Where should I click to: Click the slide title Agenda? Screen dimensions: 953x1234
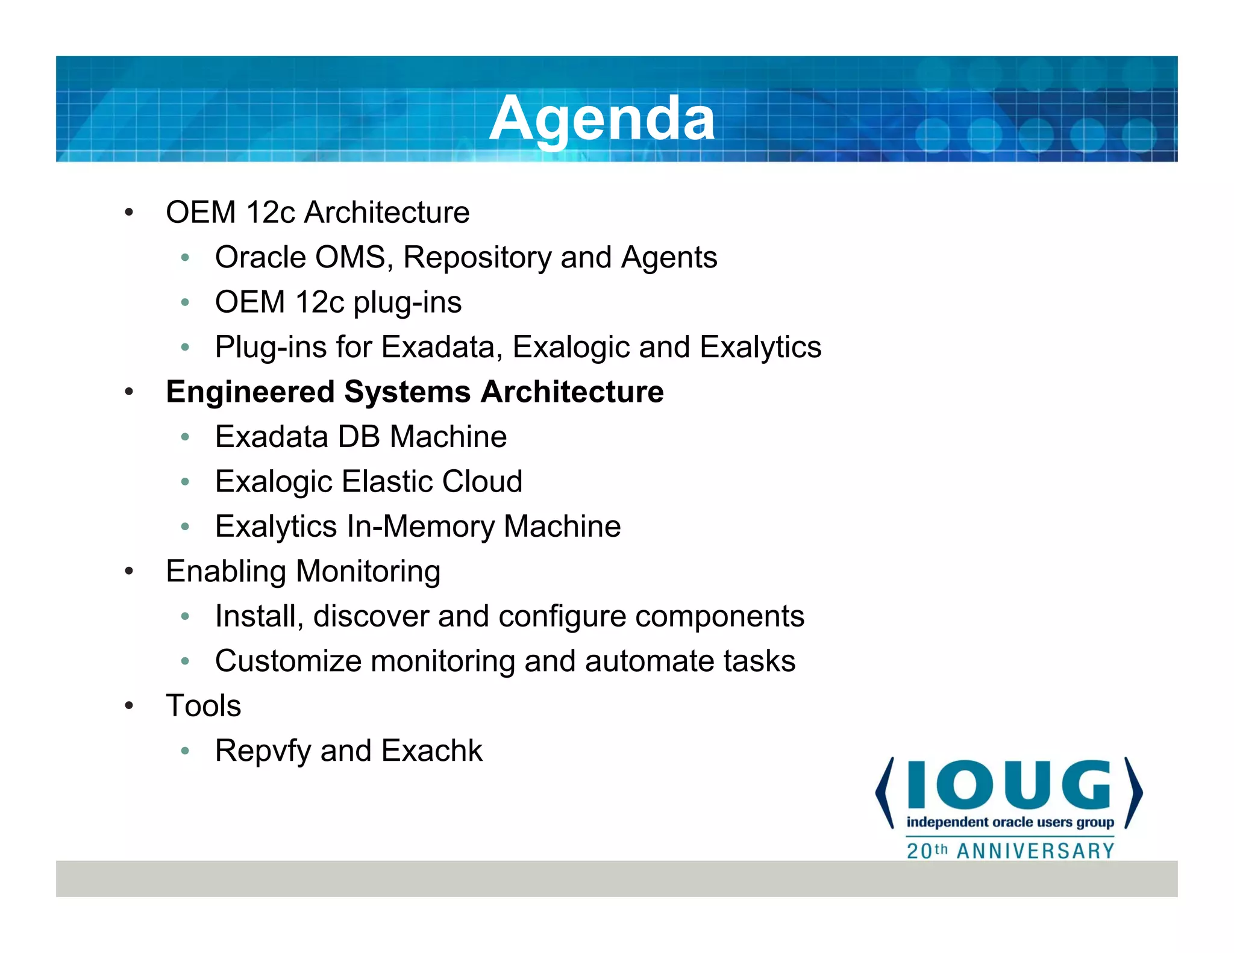coord(601,119)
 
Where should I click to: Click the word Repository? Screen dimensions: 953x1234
coord(477,258)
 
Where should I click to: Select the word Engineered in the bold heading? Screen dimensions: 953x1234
coord(250,392)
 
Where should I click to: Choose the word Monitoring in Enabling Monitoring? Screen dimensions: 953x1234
coord(368,572)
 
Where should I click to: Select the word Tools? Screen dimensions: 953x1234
coord(204,706)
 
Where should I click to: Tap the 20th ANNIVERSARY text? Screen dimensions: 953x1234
coord(1010,851)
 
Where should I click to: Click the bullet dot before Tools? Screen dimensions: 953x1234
coord(129,706)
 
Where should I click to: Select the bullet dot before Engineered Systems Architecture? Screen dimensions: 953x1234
coord(129,392)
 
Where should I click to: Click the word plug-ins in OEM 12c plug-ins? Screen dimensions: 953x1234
coord(407,302)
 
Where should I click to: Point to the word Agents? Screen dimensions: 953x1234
coord(669,258)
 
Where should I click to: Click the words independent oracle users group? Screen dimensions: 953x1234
coord(1010,822)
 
